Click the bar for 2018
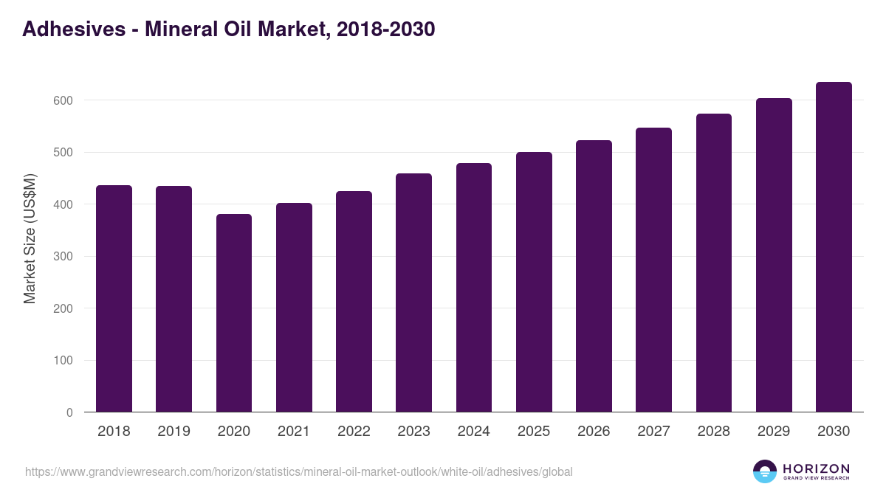click(x=114, y=299)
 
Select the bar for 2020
click(x=234, y=313)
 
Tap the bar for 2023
click(x=413, y=293)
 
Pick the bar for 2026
click(x=594, y=276)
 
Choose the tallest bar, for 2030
click(x=834, y=247)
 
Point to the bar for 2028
click(x=713, y=263)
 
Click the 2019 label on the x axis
click(x=174, y=432)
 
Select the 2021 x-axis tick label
click(x=294, y=432)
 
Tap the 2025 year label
click(x=534, y=432)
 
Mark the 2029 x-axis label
click(x=774, y=432)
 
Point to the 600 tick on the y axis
click(x=63, y=100)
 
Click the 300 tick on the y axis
click(x=63, y=257)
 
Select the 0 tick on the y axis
click(x=69, y=413)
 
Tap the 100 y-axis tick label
click(x=63, y=361)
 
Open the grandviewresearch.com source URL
click(x=298, y=471)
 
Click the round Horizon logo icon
click(x=765, y=471)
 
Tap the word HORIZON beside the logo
click(x=816, y=468)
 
